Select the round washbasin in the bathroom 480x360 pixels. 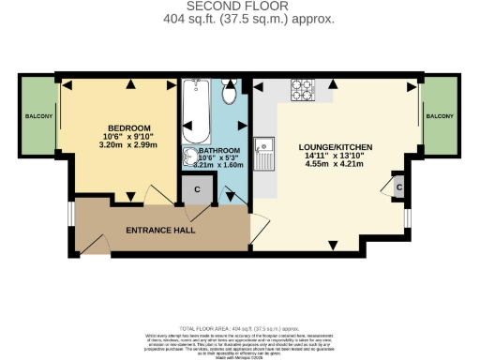(x=191, y=159)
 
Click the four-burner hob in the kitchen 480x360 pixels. (x=304, y=90)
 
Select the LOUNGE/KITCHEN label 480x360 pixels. (x=336, y=148)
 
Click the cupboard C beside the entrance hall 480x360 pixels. (x=198, y=188)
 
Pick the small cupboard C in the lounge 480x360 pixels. (x=398, y=186)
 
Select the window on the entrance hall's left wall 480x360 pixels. (x=69, y=215)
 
